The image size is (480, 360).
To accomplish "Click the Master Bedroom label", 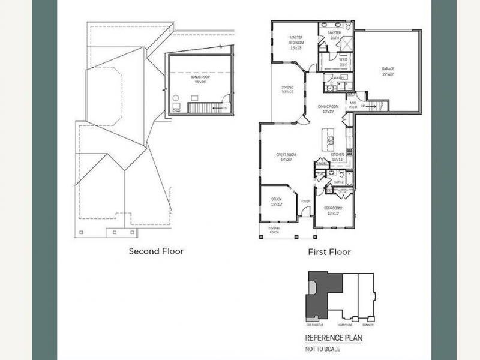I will pyautogui.click(x=295, y=43).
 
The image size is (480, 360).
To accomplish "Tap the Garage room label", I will pyautogui.click(x=388, y=71).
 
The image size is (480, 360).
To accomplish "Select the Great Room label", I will pyautogui.click(x=284, y=157).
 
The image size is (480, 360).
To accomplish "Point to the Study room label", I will pyautogui.click(x=276, y=201).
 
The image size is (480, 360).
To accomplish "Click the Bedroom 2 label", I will pyautogui.click(x=332, y=210).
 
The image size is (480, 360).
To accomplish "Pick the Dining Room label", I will pyautogui.click(x=328, y=109).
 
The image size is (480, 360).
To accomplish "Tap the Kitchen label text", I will pyautogui.click(x=337, y=157).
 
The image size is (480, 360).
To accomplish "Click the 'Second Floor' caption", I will pyautogui.click(x=156, y=251).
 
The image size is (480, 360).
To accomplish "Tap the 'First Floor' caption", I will pyautogui.click(x=329, y=252).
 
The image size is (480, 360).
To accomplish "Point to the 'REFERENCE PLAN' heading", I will pyautogui.click(x=334, y=338).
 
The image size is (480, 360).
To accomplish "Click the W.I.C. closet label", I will pyautogui.click(x=343, y=62).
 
